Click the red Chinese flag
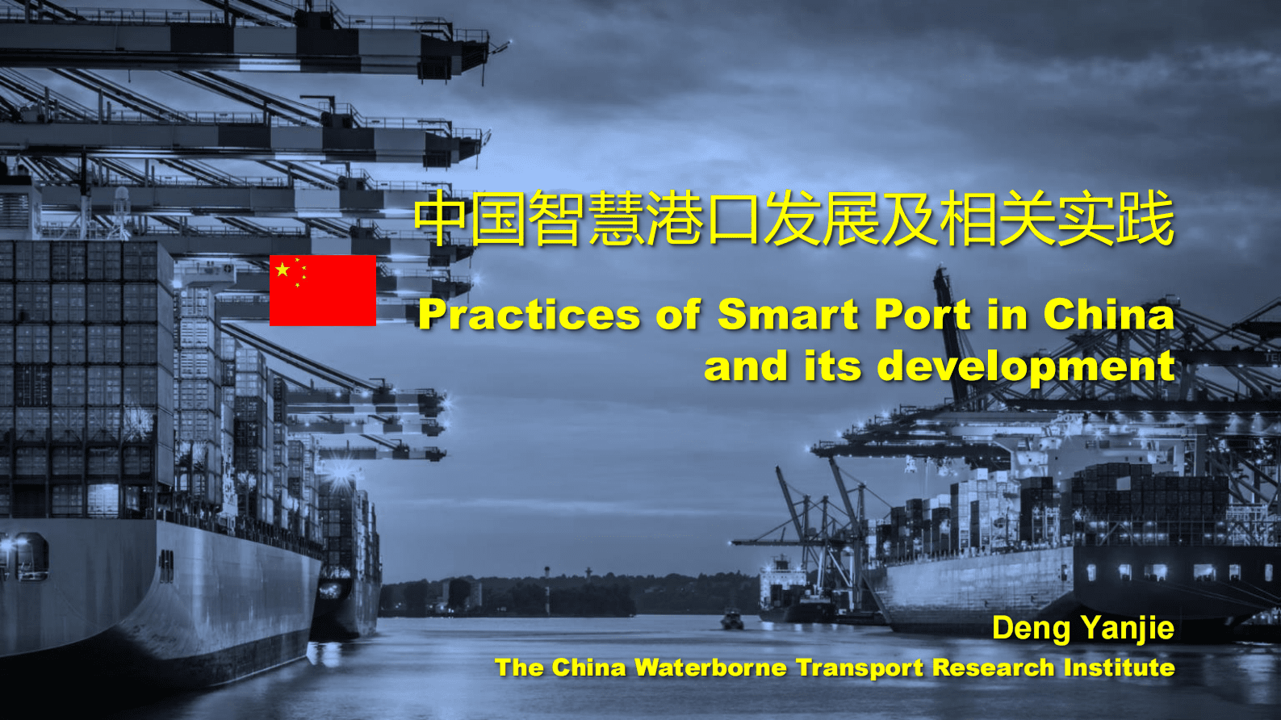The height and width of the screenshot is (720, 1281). coord(323,290)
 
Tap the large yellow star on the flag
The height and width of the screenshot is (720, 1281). coord(283,270)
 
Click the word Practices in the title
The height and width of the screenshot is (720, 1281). coord(529,315)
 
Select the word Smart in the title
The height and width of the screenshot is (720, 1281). coord(788,315)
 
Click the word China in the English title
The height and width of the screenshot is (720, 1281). coord(1109,314)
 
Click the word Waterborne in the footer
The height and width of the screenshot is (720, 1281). coord(710,668)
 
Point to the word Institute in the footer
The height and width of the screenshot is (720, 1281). coord(1119,668)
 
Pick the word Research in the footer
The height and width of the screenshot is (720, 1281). coord(994,668)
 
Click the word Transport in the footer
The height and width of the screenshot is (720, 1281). coord(859,668)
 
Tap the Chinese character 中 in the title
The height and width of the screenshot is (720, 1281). coord(441,219)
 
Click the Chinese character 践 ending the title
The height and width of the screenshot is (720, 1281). coord(1145,219)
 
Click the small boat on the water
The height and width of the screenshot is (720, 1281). coord(732,620)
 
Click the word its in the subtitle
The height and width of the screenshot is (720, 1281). coord(832,366)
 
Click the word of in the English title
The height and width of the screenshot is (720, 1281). coord(678,315)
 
